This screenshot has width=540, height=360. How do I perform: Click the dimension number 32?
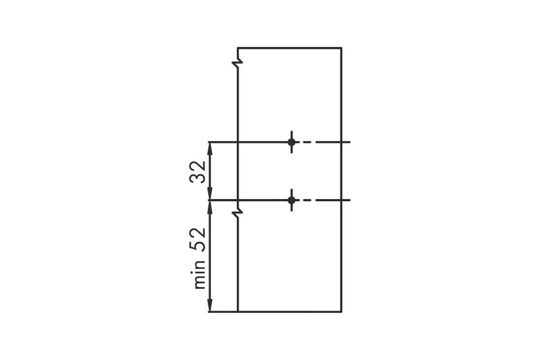[x=197, y=172]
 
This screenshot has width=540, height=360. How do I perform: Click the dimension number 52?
[x=197, y=240]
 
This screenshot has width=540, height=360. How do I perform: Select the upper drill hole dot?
[x=292, y=142]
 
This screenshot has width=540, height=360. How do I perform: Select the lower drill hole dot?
[x=292, y=200]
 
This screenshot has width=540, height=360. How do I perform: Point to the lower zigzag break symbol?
[x=238, y=213]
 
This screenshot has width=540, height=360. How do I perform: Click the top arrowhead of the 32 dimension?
[x=210, y=148]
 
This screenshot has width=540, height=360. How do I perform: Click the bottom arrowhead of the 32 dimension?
[x=210, y=193]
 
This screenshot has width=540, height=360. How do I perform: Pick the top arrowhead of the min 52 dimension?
[x=210, y=207]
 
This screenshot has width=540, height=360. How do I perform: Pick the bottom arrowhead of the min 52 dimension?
[x=210, y=305]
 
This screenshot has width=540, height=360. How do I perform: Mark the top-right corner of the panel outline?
[x=342, y=48]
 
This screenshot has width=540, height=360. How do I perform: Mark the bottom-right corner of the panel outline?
[x=342, y=312]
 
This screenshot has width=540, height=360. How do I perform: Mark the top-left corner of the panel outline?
[x=238, y=48]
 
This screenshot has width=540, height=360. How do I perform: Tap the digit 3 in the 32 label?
[x=197, y=178]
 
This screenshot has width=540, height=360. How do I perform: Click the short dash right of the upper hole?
[x=307, y=142]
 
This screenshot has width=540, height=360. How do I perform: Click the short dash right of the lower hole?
[x=307, y=200]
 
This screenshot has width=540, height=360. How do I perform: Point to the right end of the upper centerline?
[x=350, y=142]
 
